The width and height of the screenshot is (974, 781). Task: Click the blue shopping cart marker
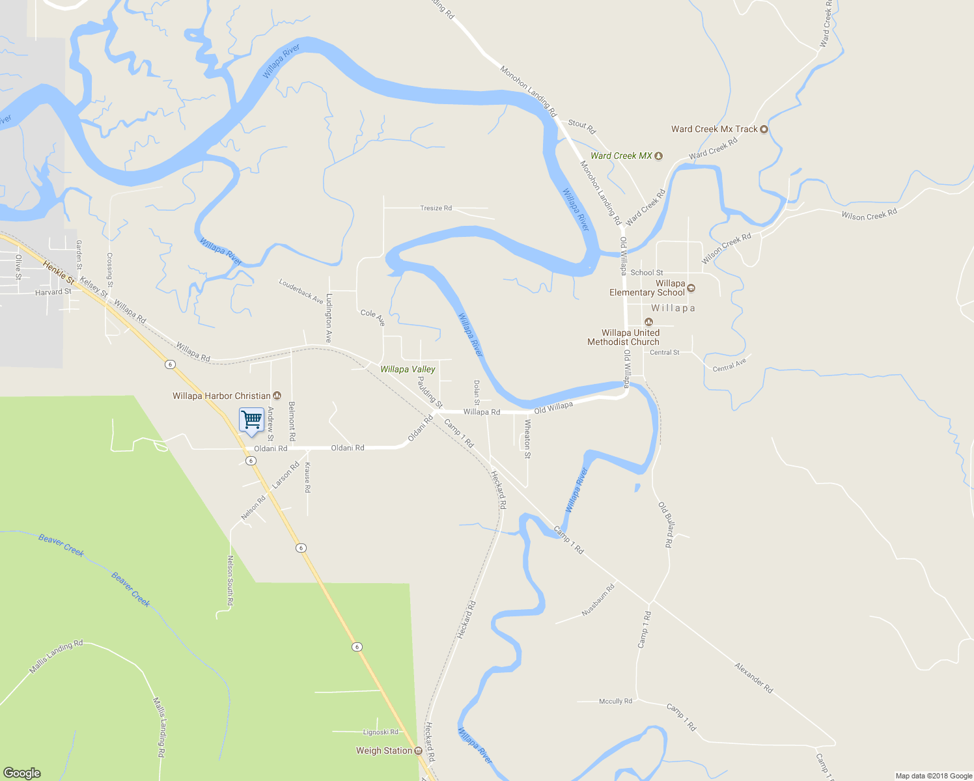251,420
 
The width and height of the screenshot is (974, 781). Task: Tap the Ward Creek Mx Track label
714,129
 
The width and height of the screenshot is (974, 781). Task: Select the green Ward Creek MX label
621,156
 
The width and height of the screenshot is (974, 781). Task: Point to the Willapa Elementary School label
647,288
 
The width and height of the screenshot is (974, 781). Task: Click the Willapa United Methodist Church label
623,337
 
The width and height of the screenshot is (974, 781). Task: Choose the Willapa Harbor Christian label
221,396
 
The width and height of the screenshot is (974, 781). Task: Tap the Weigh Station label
384,750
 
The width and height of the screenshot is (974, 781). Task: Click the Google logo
22,773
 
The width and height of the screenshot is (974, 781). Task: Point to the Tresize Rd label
436,208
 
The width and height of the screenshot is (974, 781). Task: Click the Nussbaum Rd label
598,601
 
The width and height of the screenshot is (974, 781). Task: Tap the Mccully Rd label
615,701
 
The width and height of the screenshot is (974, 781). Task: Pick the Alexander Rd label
753,678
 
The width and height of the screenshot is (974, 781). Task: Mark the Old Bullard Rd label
665,524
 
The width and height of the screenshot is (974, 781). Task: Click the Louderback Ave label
301,291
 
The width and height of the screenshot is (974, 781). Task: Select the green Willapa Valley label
408,369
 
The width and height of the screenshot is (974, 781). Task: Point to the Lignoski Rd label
380,732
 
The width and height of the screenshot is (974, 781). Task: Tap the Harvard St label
53,292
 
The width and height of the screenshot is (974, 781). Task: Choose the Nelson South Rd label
230,581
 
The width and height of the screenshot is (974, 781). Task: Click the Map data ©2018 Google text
934,776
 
